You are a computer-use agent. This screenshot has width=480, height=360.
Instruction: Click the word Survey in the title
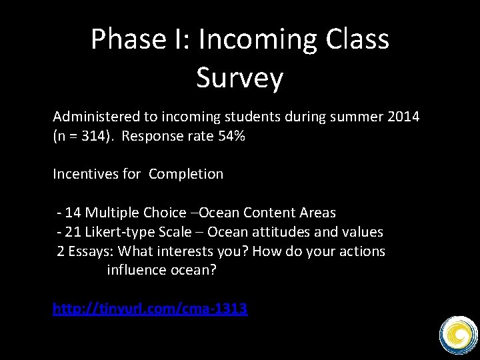coord(240,79)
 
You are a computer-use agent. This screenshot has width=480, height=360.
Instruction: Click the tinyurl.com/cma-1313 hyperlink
coord(150,309)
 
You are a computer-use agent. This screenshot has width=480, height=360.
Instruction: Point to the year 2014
coord(403,117)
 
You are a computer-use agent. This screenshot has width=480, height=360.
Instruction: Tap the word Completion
coord(186,174)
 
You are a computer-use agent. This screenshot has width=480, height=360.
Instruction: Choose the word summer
coord(357,117)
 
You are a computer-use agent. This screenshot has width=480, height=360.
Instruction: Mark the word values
coord(362,232)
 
